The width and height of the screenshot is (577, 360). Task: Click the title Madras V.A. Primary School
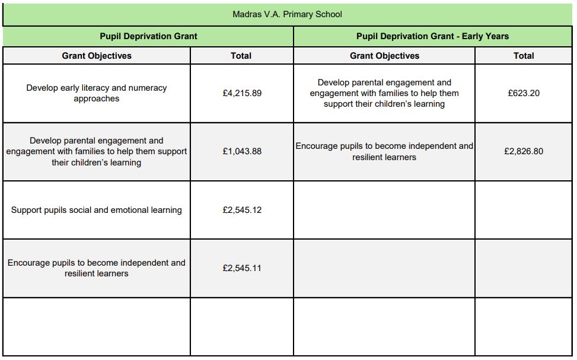[x=287, y=14]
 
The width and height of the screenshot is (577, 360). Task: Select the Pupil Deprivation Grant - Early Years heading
[x=432, y=36]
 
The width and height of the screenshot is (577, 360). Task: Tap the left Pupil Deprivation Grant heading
[x=148, y=36]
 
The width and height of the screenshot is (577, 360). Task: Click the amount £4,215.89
[x=242, y=93]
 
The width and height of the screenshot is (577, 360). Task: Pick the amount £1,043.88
[x=242, y=151]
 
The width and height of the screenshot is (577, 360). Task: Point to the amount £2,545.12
[x=242, y=210]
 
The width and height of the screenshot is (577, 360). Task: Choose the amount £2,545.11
[x=242, y=268]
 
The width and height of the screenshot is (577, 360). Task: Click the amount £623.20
[x=524, y=93]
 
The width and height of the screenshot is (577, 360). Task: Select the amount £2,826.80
[x=524, y=151]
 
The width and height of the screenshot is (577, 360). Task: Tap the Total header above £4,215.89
[x=241, y=56]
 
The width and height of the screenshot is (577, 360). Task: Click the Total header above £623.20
[x=524, y=56]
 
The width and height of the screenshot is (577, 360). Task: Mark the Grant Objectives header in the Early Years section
[x=384, y=56]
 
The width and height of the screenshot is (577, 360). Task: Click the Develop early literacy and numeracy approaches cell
[x=97, y=93]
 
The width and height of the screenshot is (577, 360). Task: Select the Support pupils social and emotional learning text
[x=97, y=210]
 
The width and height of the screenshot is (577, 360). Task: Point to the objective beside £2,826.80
[x=384, y=151]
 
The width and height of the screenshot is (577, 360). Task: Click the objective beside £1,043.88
[x=97, y=151]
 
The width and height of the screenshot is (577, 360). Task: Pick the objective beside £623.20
[x=384, y=93]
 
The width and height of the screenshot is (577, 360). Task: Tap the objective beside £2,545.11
[x=97, y=268]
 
